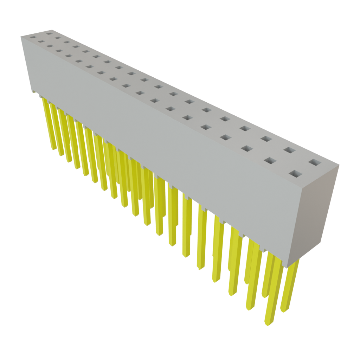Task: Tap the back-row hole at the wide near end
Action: (315, 163)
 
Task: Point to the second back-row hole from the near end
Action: (289, 150)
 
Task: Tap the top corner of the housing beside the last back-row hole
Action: (339, 164)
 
